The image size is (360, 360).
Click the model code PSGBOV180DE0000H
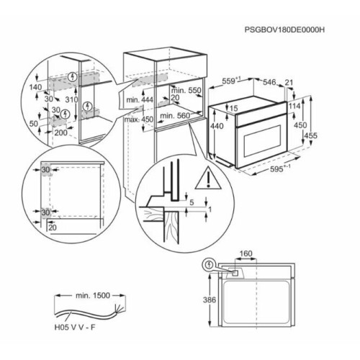coord(284,30)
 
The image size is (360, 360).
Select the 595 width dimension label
coord(280,169)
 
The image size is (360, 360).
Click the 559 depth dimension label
coord(231,81)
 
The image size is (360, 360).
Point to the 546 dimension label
coord(269,82)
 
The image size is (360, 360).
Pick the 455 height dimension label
coord(311,135)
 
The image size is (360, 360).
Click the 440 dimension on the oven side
coord(217,126)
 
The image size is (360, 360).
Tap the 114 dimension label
coord(294,106)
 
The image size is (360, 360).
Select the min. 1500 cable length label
coord(93,295)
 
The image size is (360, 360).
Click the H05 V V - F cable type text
coord(75,328)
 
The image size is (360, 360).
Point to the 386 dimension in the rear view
coord(210,300)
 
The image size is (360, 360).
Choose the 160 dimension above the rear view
coord(246,253)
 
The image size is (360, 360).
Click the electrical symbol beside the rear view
coord(210,265)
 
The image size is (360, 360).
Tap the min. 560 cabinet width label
coord(175,116)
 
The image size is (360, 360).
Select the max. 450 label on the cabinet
coord(139,120)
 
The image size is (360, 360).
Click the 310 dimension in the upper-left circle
coord(71,99)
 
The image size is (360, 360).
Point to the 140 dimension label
coord(35,87)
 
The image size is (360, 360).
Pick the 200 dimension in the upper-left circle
coord(61,132)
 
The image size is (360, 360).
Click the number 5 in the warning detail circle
coord(192,202)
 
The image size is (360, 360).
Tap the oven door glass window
coord(262,141)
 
